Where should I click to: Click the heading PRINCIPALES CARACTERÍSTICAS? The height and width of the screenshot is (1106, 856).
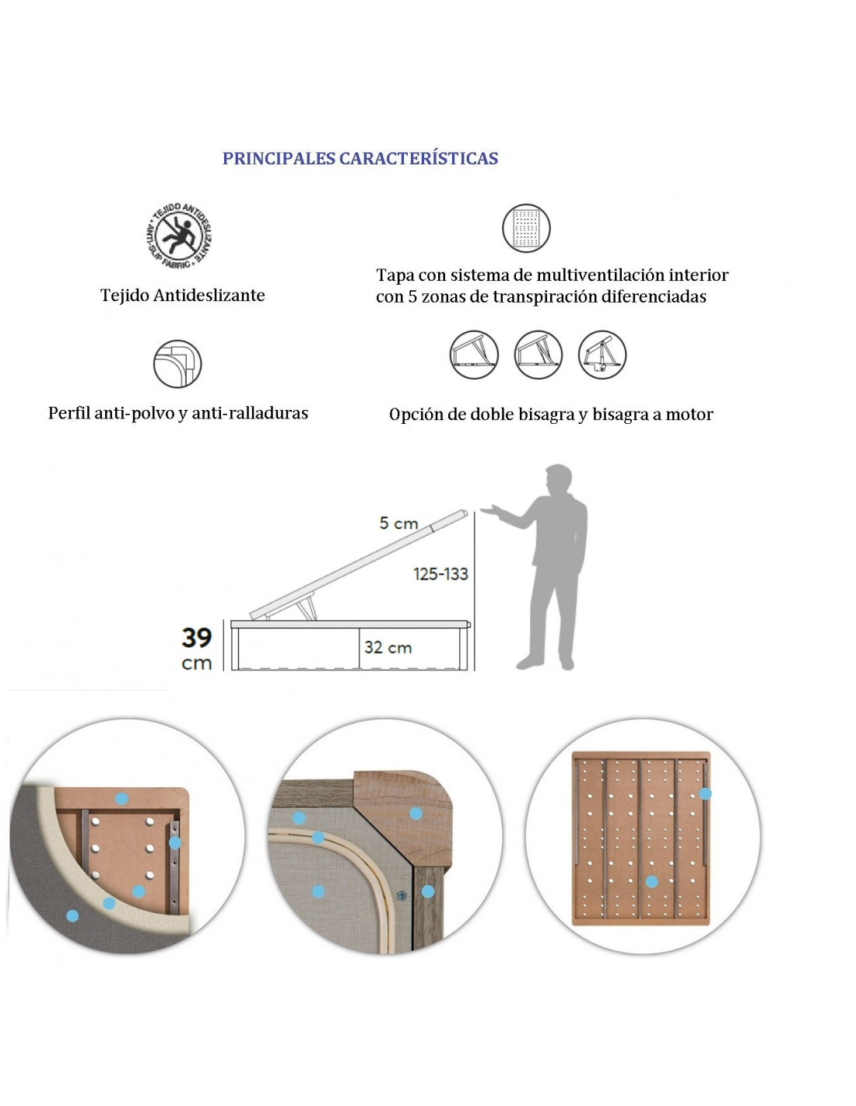coord(360,159)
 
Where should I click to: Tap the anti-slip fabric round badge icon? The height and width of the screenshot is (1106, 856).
coord(178,235)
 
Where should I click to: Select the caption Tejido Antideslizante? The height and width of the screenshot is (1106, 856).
coord(182,296)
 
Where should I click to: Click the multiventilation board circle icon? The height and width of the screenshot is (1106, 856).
coord(526,228)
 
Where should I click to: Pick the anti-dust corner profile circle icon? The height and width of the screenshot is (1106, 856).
coord(177,364)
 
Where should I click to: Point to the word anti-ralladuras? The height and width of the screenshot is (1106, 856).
coord(250,413)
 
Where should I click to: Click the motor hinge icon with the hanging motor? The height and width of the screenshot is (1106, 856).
coord(602,354)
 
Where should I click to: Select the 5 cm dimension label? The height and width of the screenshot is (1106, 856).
coord(398,523)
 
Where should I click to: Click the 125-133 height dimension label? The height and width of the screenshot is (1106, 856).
coord(440,574)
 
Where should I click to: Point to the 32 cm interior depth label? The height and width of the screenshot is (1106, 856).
coord(388,647)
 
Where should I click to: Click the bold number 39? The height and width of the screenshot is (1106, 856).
coord(197,638)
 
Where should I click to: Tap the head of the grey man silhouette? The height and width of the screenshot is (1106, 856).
coord(558,479)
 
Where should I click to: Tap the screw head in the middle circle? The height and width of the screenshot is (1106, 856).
coord(402,895)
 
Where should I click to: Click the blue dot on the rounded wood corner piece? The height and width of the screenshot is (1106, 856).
coord(416,814)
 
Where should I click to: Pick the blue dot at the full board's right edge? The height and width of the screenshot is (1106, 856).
coord(705,793)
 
